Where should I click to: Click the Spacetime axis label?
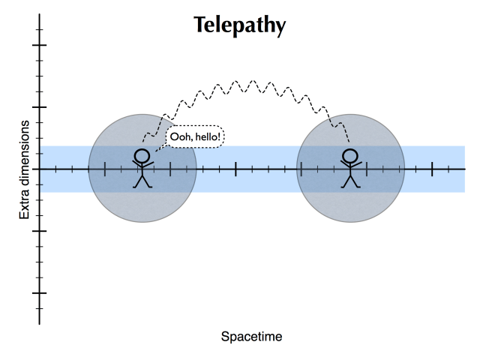pyautogui.click(x=251, y=337)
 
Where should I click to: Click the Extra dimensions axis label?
pyautogui.click(x=25, y=169)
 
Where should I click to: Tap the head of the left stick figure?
pyautogui.click(x=142, y=157)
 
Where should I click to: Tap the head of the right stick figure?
pyautogui.click(x=349, y=157)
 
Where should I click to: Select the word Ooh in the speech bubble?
pyautogui.click(x=182, y=137)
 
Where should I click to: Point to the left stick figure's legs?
pyautogui.click(x=142, y=181)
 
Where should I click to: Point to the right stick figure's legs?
pyautogui.click(x=349, y=181)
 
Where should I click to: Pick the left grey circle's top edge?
pyautogui.click(x=142, y=115)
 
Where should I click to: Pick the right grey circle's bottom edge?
pyautogui.click(x=351, y=222)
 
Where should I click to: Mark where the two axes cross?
pyautogui.click(x=40, y=169)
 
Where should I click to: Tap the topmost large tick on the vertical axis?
pyautogui.click(x=40, y=45)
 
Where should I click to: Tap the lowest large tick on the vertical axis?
pyautogui.click(x=40, y=292)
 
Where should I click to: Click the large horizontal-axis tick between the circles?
pyautogui.click(x=235, y=169)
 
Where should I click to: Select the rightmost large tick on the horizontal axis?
pyautogui.click(x=432, y=169)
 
